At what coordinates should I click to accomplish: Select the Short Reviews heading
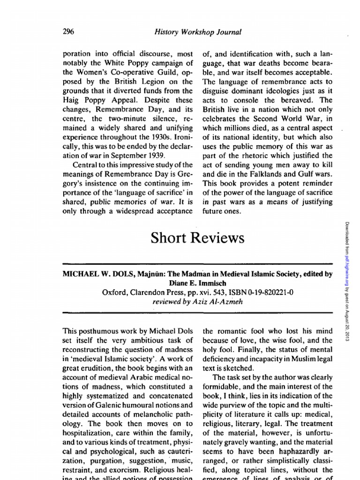click(x=197, y=238)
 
